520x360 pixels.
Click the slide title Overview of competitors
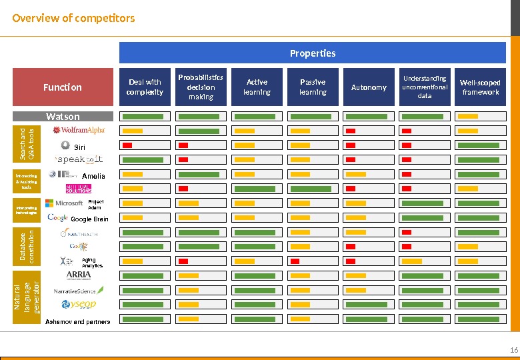coord(73,18)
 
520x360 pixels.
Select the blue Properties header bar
coord(312,53)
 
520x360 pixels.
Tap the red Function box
coord(63,87)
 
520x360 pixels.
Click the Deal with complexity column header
coord(145,87)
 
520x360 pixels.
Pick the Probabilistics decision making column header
coord(201,87)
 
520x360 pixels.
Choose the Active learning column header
coord(257,87)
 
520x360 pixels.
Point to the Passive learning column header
coord(313,87)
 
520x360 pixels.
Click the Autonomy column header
coord(369,87)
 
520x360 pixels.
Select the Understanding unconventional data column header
coord(425,87)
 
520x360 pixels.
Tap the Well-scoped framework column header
coord(480,87)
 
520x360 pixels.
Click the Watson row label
coord(63,117)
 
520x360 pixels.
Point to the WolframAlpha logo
coord(79,130)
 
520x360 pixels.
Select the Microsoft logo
coord(64,203)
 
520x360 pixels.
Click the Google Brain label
coord(89,219)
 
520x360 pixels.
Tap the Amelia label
coord(93,176)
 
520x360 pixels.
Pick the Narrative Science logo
coord(79,291)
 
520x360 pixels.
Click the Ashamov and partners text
coord(77,321)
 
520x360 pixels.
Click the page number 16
coord(513,351)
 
